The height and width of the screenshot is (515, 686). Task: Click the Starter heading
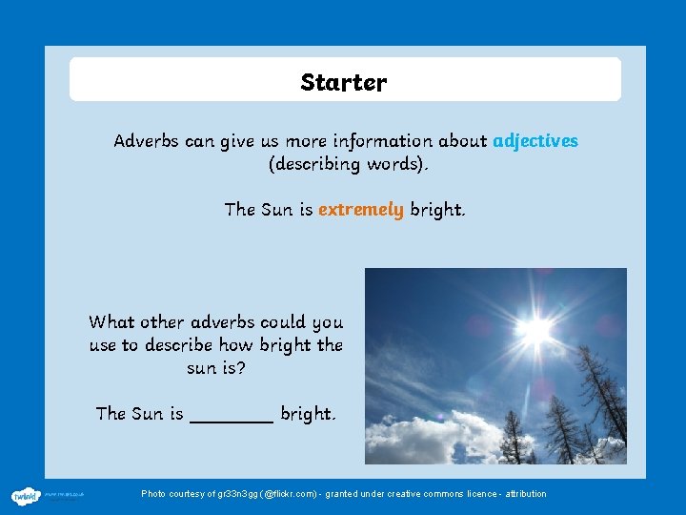[x=343, y=83]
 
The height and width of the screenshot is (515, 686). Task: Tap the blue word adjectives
[x=535, y=141]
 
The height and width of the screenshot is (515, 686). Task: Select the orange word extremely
[x=360, y=210]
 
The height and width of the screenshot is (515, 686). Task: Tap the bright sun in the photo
[x=536, y=329]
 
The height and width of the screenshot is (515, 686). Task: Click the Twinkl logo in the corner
[x=25, y=495]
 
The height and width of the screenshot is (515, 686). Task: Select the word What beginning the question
[x=111, y=321]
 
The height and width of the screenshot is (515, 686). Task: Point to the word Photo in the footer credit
[x=153, y=494]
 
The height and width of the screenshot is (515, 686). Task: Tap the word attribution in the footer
[x=526, y=494]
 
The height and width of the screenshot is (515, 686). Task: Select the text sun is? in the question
[x=215, y=367]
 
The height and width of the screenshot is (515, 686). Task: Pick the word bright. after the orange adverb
[x=437, y=210]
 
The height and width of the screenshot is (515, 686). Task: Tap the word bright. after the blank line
[x=308, y=414]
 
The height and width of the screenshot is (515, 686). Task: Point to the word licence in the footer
[x=480, y=494]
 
